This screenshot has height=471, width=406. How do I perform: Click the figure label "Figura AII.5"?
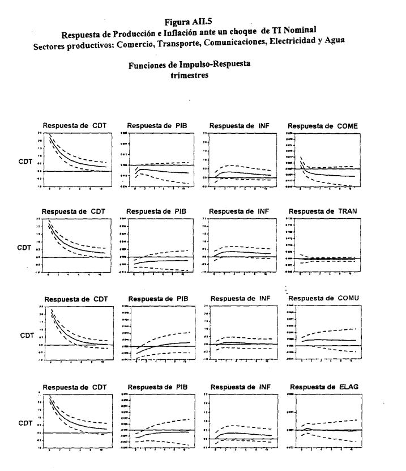pos(189,22)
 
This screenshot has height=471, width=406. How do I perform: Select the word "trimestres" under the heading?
pos(190,74)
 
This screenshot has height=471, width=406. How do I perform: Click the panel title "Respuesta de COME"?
pos(323,125)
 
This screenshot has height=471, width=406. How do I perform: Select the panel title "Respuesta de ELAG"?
pos(323,387)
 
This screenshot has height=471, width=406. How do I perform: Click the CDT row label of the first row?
pos(25,163)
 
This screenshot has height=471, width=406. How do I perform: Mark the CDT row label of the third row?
pos(27,336)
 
